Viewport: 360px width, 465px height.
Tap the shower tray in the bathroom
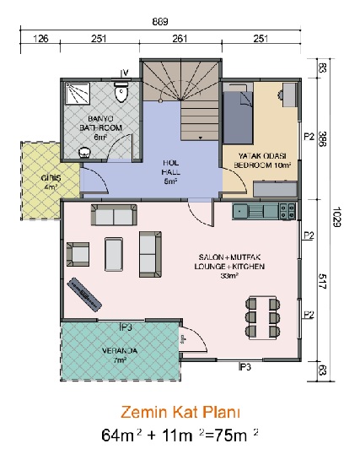78,94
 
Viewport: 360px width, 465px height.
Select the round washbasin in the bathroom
85,153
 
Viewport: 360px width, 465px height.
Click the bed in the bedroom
238,117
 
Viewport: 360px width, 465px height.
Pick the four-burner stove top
287,211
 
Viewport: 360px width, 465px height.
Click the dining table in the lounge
262,317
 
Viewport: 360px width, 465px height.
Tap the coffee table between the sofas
114,254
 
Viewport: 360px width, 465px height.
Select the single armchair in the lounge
78,254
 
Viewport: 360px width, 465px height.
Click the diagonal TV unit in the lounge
84,295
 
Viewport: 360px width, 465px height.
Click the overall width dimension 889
160,22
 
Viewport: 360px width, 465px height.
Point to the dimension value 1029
336,217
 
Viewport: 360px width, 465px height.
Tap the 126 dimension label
40,39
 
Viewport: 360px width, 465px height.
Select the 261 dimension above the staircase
180,39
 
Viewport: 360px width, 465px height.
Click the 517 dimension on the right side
322,281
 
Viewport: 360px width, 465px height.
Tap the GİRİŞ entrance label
51,178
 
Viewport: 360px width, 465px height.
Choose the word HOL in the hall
170,163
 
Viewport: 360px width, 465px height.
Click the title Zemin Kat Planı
180,412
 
